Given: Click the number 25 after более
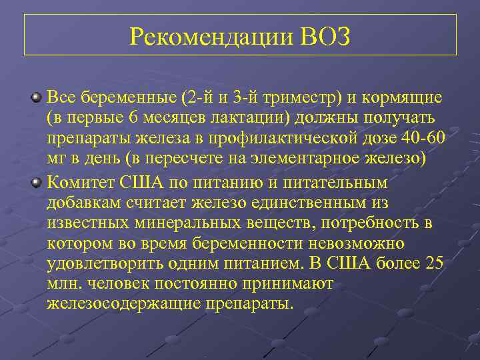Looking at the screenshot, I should [433, 265].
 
